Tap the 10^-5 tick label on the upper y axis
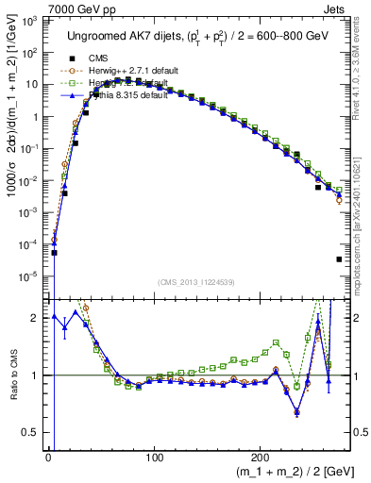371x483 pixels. coord(30,276)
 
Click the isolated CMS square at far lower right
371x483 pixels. coord(338,259)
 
